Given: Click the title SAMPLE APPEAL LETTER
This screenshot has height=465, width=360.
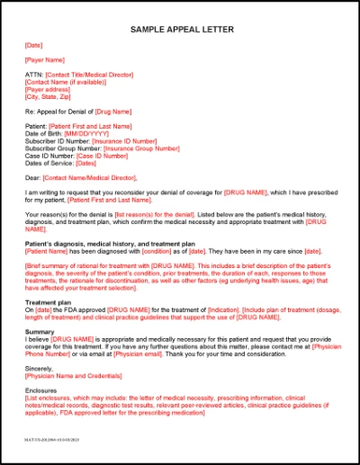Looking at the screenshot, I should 181,30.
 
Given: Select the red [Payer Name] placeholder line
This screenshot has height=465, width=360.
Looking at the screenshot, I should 44,60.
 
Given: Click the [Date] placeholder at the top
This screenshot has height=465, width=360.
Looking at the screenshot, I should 34,45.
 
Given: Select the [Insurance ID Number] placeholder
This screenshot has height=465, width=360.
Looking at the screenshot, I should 123,141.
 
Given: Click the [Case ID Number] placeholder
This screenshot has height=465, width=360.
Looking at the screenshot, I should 102,156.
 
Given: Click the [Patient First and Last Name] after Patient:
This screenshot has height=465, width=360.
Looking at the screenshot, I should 90,127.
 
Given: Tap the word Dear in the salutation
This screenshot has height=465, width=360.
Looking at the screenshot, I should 33,178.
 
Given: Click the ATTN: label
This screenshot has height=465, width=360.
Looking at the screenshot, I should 34,75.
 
